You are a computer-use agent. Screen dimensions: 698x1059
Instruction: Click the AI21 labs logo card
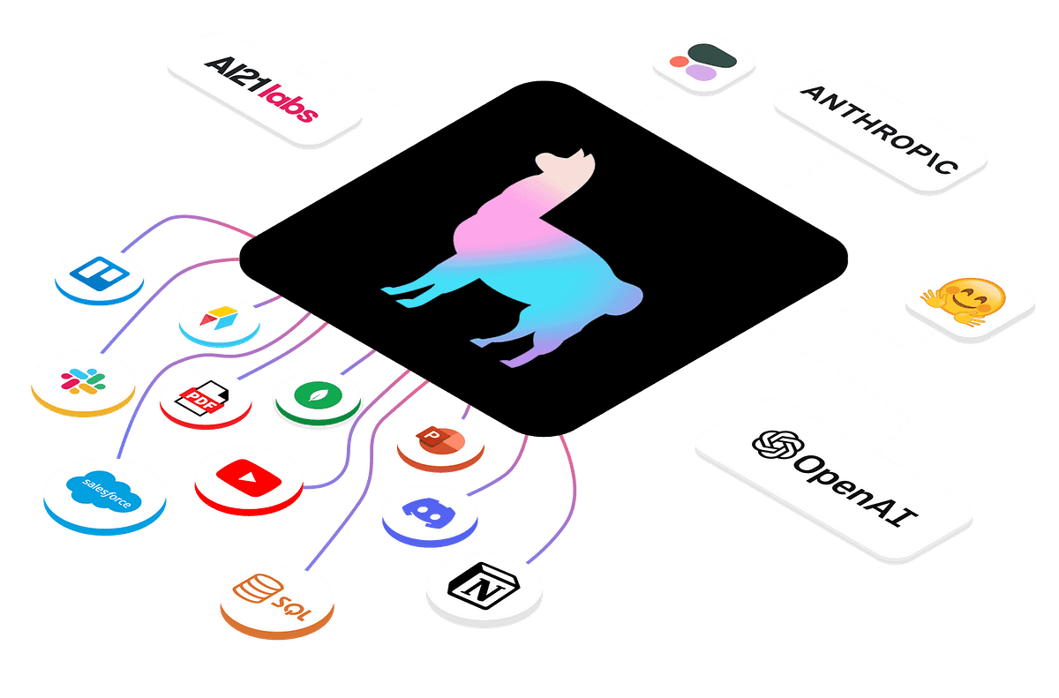click(264, 86)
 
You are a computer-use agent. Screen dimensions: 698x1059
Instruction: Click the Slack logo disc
click(81, 381)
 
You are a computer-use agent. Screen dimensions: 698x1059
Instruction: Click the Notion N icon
click(483, 587)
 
